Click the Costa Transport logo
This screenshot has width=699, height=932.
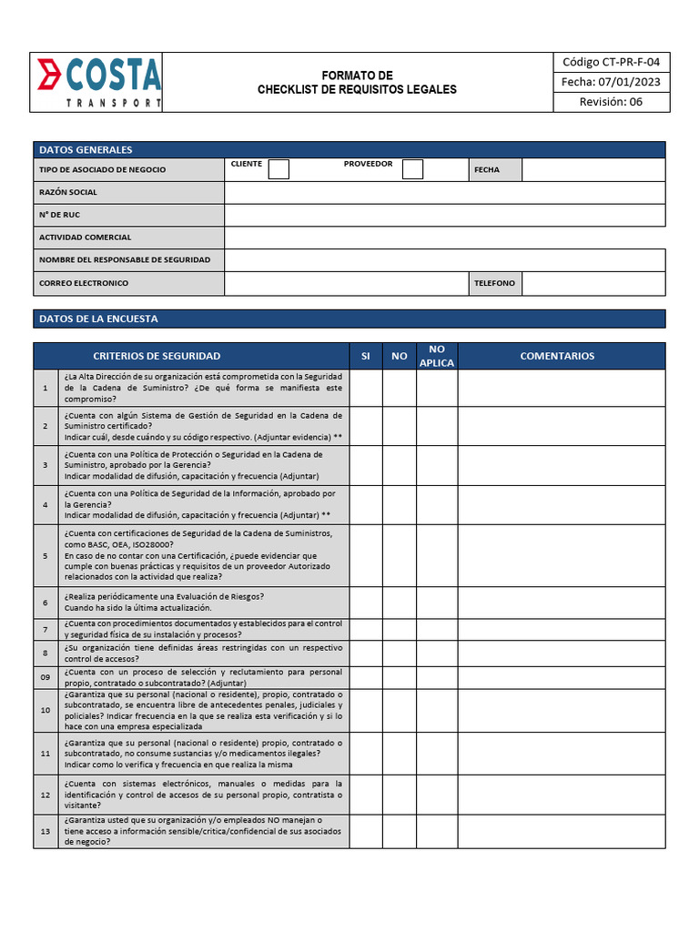[x=98, y=82]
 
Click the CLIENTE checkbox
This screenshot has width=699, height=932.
[x=279, y=169]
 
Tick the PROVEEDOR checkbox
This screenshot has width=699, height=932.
[x=412, y=169]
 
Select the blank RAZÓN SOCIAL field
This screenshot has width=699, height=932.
[x=444, y=192]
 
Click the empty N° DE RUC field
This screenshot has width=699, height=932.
[x=444, y=215]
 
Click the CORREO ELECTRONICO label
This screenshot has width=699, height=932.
[x=84, y=283]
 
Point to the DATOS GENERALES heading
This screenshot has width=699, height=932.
[x=86, y=149]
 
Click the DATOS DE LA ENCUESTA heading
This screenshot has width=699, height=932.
[x=98, y=319]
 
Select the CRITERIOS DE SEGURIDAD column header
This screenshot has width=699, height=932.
[x=157, y=356]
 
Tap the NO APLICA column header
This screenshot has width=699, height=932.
[x=437, y=356]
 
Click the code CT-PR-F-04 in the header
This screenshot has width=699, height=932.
[x=611, y=62]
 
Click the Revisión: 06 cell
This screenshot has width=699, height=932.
[x=611, y=102]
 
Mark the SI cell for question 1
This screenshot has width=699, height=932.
[x=366, y=388]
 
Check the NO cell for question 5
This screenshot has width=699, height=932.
[x=400, y=555]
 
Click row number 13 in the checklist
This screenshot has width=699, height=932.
[x=46, y=832]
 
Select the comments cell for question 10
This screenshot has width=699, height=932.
[x=562, y=710]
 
